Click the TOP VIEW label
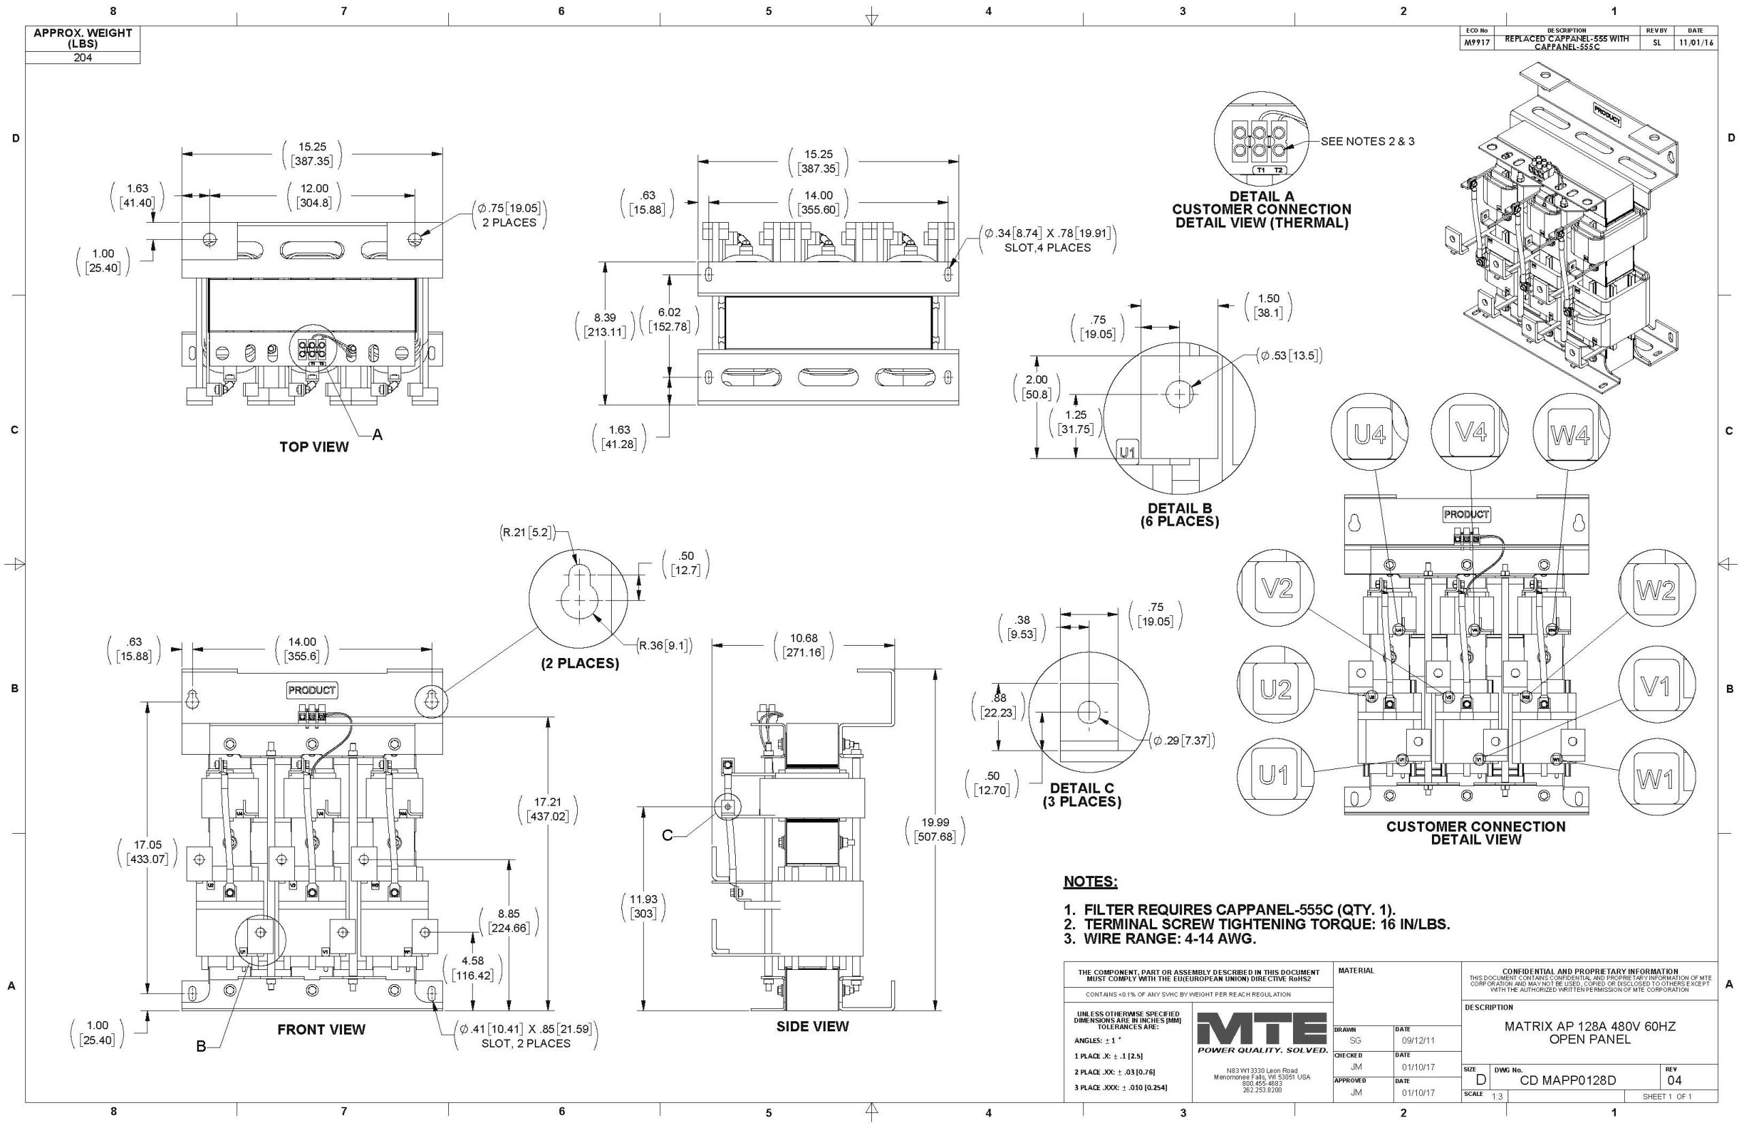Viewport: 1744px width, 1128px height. click(x=313, y=447)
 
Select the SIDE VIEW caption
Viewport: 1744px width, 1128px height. click(x=812, y=1027)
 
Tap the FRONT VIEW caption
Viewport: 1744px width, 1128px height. click(x=321, y=1029)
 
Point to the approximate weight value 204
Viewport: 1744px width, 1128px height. click(x=82, y=57)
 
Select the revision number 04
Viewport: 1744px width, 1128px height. click(x=1675, y=1080)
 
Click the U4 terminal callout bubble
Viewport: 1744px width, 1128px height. click(x=1370, y=435)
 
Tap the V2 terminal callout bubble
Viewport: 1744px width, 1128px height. click(x=1276, y=588)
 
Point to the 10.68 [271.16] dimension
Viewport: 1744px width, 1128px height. click(x=803, y=645)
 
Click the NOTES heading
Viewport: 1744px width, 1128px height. click(x=1090, y=881)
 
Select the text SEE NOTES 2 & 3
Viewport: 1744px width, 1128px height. click(x=1367, y=142)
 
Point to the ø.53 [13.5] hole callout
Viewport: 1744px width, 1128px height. click(x=1290, y=357)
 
